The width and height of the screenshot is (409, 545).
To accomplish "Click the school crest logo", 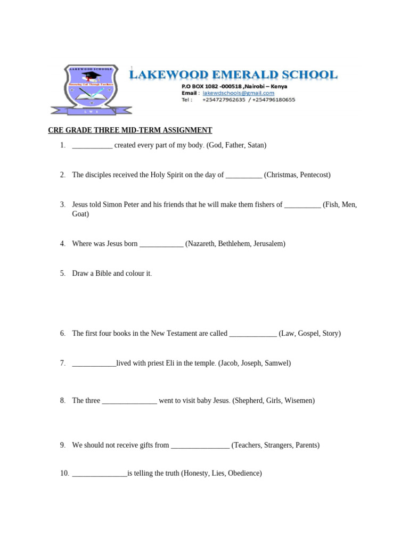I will [91, 89].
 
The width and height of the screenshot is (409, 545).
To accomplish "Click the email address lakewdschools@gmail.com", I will [239, 93].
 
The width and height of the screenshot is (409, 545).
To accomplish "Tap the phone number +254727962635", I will [224, 100].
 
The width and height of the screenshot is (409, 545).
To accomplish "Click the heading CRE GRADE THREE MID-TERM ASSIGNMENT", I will [130, 130].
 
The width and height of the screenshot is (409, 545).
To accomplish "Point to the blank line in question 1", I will [92, 145].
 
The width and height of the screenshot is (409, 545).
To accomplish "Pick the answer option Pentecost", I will [314, 175].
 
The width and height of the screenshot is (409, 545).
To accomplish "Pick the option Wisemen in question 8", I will [300, 401].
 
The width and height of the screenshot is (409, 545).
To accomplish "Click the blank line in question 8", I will [129, 401].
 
